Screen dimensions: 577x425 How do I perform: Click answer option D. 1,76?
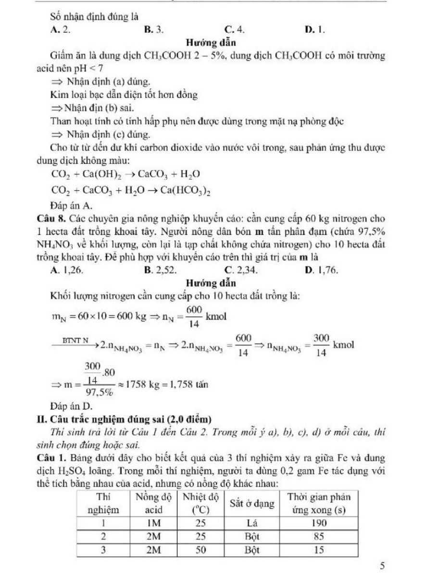coord(322,270)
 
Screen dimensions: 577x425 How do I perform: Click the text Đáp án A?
coord(71,206)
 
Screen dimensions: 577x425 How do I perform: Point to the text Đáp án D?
coord(71,408)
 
